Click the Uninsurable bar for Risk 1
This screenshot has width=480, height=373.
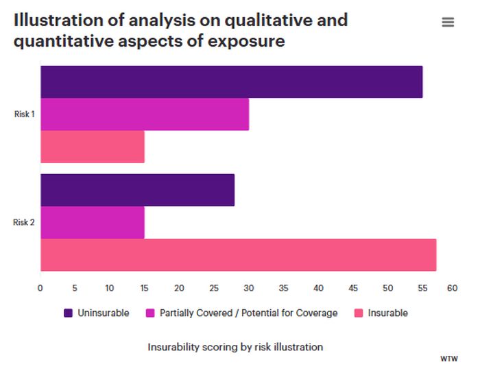[231, 82]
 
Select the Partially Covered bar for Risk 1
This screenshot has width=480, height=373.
[145, 115]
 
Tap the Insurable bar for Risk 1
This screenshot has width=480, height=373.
[93, 147]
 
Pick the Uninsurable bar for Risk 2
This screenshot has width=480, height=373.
[137, 190]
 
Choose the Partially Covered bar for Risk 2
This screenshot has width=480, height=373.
[93, 222]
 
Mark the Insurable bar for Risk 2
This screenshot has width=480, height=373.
[238, 254]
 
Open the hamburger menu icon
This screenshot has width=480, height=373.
[448, 23]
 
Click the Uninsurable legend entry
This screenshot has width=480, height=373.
[96, 313]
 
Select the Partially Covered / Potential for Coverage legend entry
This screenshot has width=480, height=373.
[242, 313]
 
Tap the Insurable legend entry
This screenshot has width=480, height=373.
[381, 313]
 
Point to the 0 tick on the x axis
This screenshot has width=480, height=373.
[40, 289]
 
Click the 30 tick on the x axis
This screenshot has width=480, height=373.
[249, 289]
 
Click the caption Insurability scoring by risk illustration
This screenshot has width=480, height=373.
[235, 347]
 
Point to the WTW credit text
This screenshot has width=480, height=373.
[450, 359]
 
